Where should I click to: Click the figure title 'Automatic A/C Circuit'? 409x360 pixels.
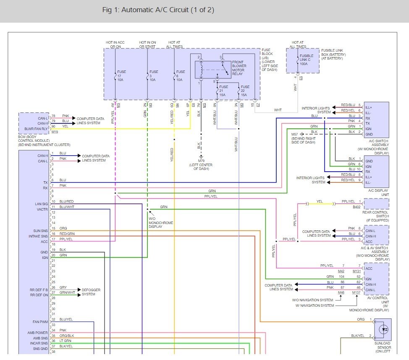pyautogui.click(x=155, y=10)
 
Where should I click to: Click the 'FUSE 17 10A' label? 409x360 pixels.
pyautogui.click(x=121, y=76)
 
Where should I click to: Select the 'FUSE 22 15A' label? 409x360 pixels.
pyautogui.click(x=245, y=91)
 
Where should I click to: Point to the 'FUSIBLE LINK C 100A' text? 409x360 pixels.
pyautogui.click(x=306, y=60)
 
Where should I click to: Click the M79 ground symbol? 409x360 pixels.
pyautogui.click(x=201, y=157)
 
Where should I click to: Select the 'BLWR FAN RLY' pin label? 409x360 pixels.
pyautogui.click(x=36, y=129)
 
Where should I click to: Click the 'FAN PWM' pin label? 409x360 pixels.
pyautogui.click(x=40, y=322)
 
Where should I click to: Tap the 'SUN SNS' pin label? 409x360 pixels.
pyautogui.click(x=40, y=231)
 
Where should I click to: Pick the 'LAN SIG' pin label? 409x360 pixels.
pyautogui.click(x=42, y=204)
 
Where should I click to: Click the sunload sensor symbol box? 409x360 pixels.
pyautogui.click(x=383, y=329)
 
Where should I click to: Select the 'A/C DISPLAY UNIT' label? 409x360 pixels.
pyautogui.click(x=378, y=193)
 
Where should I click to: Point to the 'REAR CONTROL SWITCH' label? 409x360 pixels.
pyautogui.click(x=375, y=214)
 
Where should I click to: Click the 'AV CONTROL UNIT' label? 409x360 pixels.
pyautogui.click(x=378, y=300)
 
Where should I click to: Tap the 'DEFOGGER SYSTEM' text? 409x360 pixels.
pyautogui.click(x=91, y=292)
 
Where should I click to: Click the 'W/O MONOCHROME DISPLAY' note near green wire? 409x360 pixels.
pyautogui.click(x=161, y=223)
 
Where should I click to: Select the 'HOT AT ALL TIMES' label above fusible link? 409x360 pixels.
pyautogui.click(x=298, y=44)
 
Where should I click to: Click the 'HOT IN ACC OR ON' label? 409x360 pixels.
pyautogui.click(x=115, y=44)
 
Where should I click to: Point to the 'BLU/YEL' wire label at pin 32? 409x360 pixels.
pyautogui.click(x=66, y=319)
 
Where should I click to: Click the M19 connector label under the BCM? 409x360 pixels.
pyautogui.click(x=55, y=132)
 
